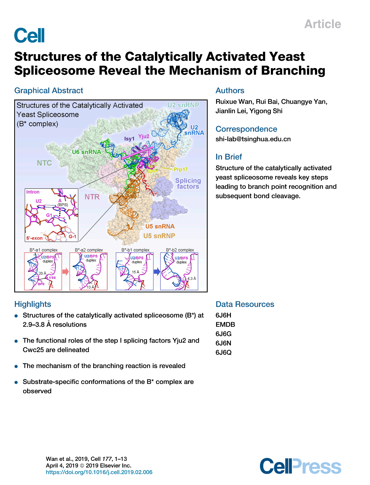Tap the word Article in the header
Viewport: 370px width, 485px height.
(x=322, y=24)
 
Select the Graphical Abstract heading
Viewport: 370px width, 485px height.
(x=49, y=91)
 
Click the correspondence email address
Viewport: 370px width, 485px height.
(x=253, y=139)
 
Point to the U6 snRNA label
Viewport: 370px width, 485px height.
(x=86, y=152)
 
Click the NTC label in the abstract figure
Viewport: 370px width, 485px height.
(x=44, y=163)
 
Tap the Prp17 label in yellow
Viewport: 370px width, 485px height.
(x=180, y=169)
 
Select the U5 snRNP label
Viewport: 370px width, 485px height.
(x=159, y=236)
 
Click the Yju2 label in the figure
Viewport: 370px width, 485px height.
(x=144, y=136)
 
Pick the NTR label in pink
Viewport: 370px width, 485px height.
(x=92, y=197)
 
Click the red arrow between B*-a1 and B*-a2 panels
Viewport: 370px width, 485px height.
(x=66, y=272)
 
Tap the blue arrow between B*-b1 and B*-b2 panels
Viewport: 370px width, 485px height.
(x=157, y=272)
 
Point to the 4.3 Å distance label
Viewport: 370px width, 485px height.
(x=192, y=279)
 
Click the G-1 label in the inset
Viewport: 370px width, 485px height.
(x=72, y=237)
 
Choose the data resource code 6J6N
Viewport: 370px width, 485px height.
(x=223, y=343)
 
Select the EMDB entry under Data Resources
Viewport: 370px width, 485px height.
(x=225, y=324)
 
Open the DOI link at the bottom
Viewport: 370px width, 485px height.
(x=99, y=472)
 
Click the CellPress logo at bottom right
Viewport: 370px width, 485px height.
(x=300, y=466)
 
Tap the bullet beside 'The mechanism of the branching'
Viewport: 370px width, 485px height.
(x=16, y=366)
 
